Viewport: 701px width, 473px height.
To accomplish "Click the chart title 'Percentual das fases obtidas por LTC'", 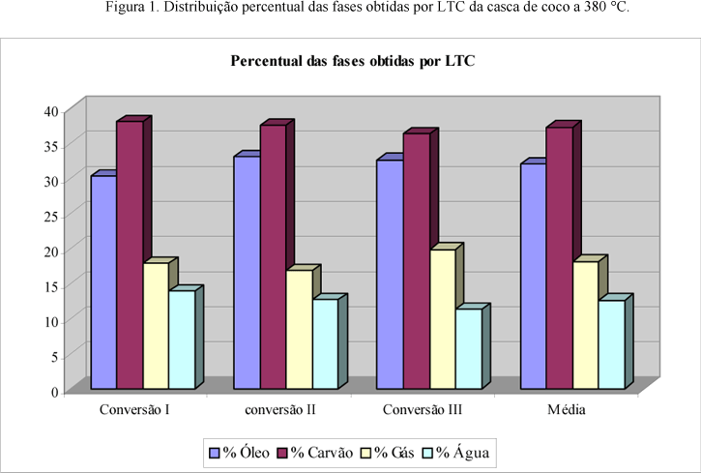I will (353, 62).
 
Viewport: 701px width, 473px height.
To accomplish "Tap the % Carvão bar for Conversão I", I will (130, 255).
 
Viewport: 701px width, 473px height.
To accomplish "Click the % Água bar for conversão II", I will (325, 344).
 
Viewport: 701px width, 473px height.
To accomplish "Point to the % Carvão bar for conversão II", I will (273, 257).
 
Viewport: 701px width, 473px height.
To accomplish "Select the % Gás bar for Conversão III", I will (442, 319).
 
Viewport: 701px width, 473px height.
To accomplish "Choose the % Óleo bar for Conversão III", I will (390, 275).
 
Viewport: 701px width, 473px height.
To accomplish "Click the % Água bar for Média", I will (611, 345).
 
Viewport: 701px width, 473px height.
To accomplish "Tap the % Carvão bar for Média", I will (559, 258).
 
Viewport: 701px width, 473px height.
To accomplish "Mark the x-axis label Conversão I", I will (135, 410).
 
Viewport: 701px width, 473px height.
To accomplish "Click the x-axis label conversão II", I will (278, 410).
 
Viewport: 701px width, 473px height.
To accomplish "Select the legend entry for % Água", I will (460, 451).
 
